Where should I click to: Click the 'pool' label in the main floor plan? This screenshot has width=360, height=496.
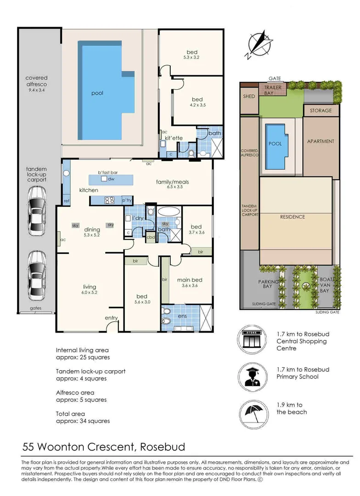point(97,93)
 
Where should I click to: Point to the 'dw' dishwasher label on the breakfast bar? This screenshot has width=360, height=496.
point(111,179)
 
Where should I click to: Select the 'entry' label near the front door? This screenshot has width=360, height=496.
point(111,318)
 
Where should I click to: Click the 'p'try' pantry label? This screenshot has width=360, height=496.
point(127,200)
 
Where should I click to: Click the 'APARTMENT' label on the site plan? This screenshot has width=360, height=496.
point(321,141)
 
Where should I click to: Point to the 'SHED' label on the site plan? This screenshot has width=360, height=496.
point(249,97)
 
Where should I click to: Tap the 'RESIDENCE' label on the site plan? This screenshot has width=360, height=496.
point(292,217)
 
